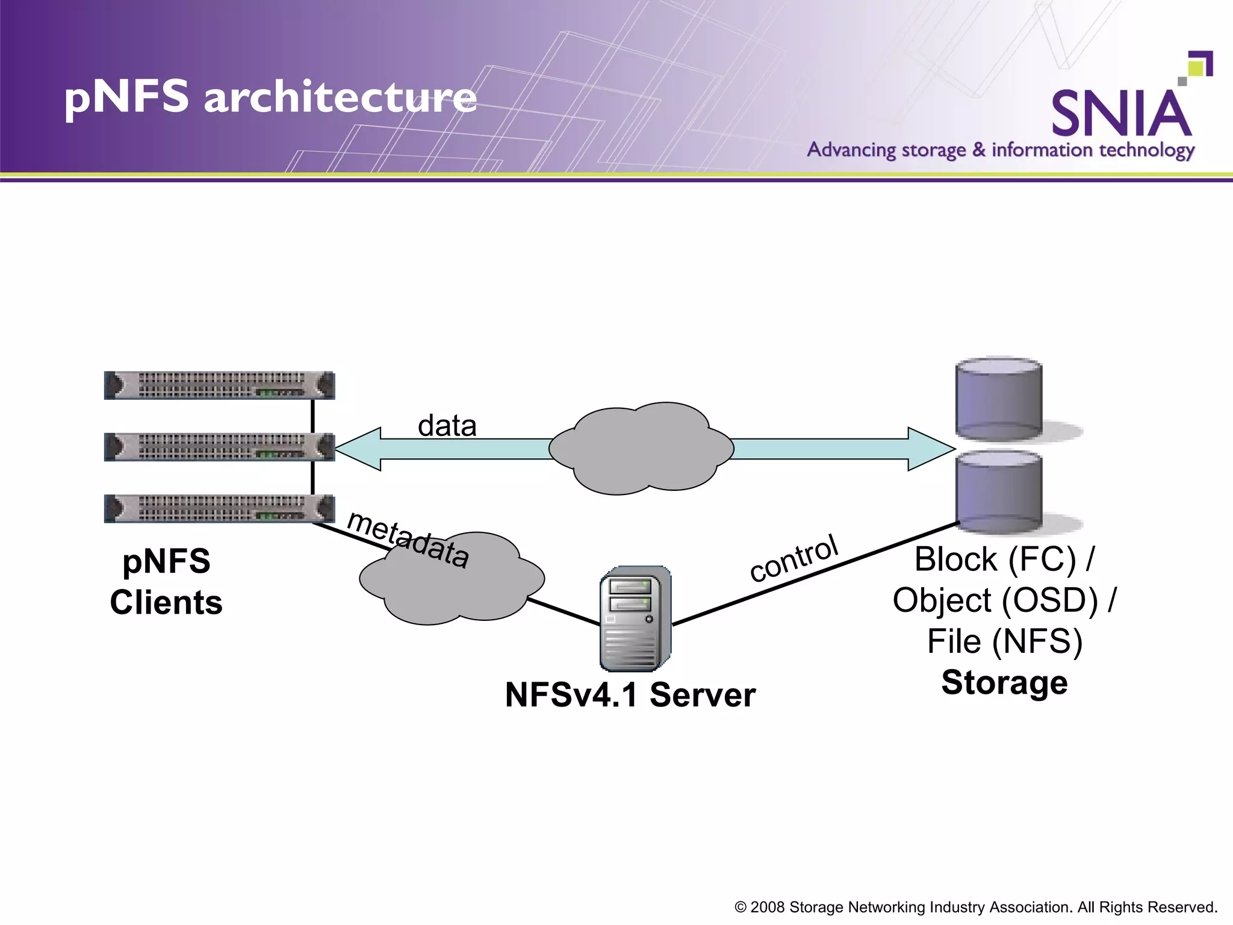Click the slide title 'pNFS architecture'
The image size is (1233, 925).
pos(270,97)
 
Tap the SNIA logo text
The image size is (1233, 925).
pos(1121,113)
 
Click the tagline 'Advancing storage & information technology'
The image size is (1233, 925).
pos(1000,149)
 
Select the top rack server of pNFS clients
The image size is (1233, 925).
pos(219,385)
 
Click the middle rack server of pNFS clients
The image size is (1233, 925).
pos(219,447)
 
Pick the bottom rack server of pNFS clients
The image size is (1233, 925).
pos(219,508)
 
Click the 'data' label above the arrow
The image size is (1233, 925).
pos(447,426)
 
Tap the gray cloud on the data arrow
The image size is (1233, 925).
pos(641,449)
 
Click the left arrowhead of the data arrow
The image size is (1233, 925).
pos(358,449)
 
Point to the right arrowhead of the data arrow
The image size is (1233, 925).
pos(930,449)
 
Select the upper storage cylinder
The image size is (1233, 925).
pos(999,399)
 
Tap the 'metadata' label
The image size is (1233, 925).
pos(408,540)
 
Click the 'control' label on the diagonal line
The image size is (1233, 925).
pos(794,558)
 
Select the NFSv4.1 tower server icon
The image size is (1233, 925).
pos(635,618)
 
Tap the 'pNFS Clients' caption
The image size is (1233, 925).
pos(166,582)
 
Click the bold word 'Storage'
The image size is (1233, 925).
pos(1004,682)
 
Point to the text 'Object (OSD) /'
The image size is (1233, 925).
pos(1004,600)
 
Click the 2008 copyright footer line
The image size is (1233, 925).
pos(976,907)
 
